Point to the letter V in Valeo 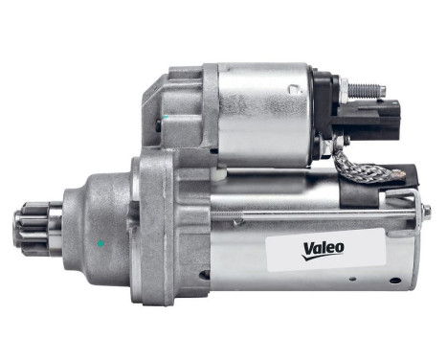click(x=309, y=251)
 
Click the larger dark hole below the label click(x=394, y=281)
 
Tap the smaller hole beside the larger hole click(x=355, y=279)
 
